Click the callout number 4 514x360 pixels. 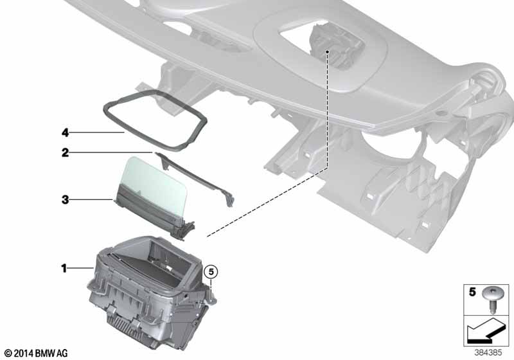pos(66,132)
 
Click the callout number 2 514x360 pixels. pos(66,152)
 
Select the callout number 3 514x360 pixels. pos(66,199)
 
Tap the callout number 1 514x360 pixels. pos(64,269)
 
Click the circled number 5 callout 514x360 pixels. pos(211,272)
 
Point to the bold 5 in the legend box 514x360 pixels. pos(472,292)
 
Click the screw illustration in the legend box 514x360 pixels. pos(492,298)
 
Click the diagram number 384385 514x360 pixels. pos(488,353)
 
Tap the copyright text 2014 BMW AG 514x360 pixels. pos(37,353)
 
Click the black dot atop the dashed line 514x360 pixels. pos(327,52)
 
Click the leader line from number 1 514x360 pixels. pos(81,269)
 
